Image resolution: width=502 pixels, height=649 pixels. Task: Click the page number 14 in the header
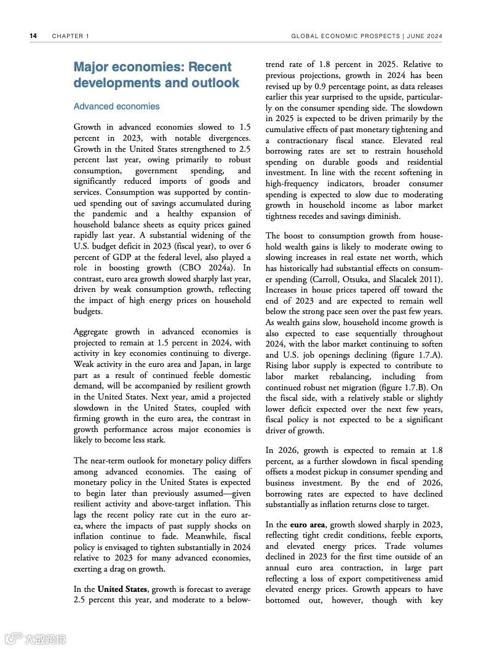coord(33,36)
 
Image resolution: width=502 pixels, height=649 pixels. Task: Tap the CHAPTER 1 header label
coord(71,36)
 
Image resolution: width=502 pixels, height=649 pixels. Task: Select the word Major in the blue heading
coord(94,67)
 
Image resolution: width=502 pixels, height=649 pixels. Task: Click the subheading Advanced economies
coord(116,106)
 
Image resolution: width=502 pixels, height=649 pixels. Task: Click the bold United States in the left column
coord(122,589)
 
